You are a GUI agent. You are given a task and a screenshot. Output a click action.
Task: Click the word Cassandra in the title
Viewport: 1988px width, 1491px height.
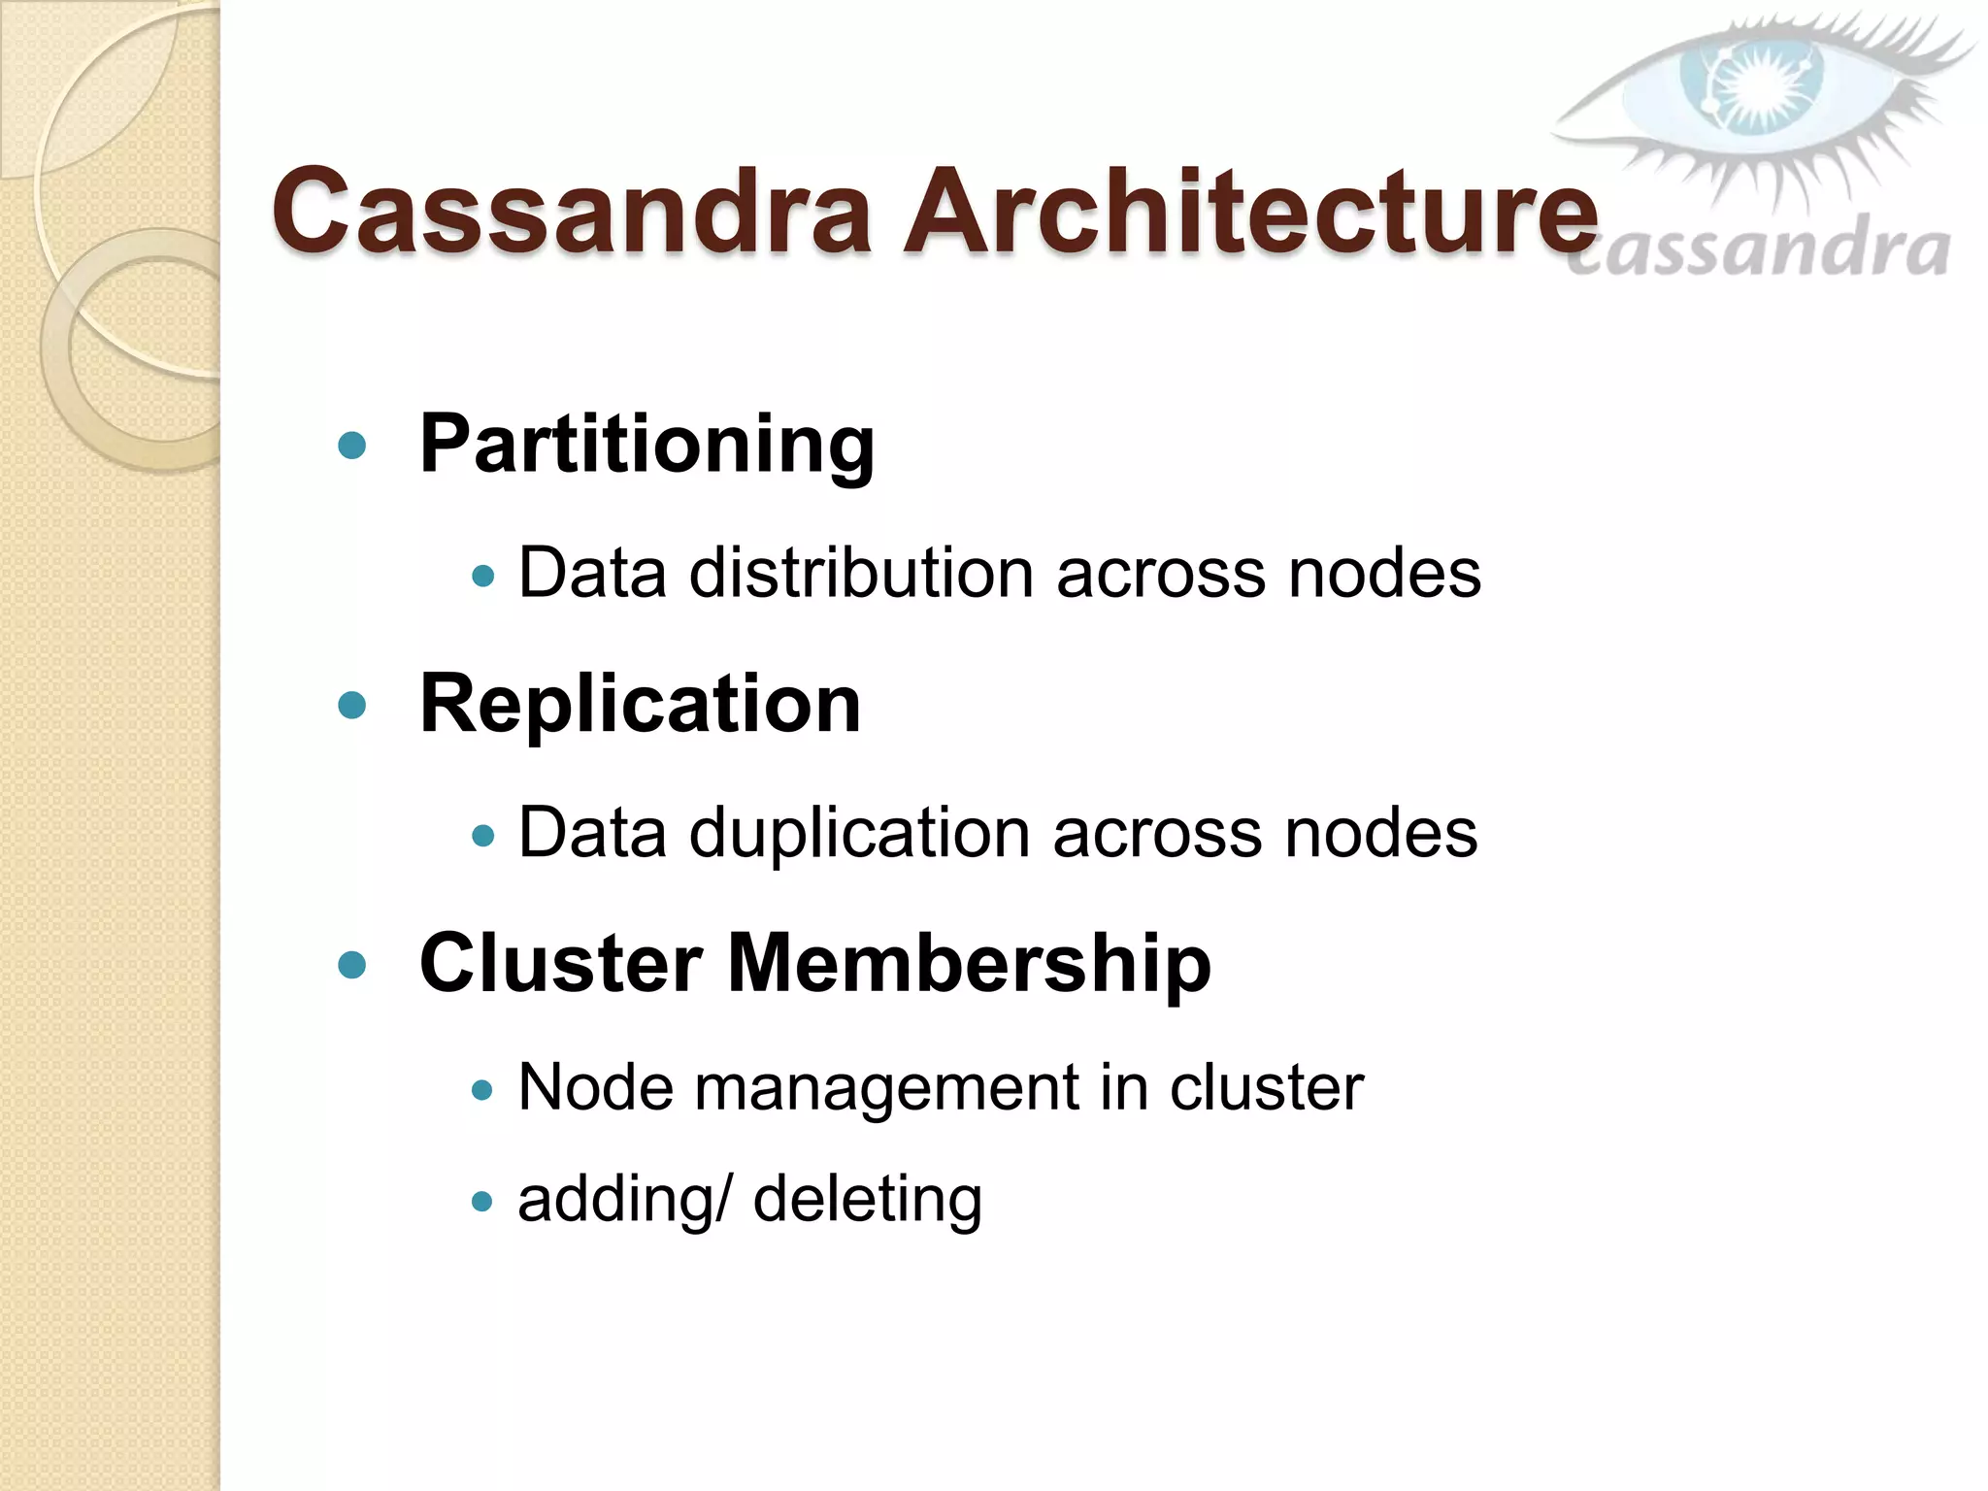click(571, 212)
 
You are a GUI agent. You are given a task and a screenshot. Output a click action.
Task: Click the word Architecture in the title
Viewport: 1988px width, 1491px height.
click(1250, 212)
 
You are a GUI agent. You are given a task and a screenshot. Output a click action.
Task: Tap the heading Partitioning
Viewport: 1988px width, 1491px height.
click(646, 445)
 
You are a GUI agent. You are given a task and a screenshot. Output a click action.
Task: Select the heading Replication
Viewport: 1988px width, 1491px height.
click(640, 704)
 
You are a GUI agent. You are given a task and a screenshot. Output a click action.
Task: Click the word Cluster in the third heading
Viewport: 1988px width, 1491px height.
click(561, 963)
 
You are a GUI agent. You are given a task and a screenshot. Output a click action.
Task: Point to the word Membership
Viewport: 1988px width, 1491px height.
click(969, 963)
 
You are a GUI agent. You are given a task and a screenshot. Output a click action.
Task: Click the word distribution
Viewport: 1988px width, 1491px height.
click(861, 573)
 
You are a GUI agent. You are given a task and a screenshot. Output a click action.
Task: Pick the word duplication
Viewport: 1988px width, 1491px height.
click(859, 833)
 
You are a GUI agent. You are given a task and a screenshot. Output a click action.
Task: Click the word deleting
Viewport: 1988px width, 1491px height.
click(868, 1199)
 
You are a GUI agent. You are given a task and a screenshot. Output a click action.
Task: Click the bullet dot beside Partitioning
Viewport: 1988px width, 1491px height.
click(351, 446)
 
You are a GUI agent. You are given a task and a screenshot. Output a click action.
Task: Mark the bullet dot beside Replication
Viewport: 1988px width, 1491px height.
click(351, 705)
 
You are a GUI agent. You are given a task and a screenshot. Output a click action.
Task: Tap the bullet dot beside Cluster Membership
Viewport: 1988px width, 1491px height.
click(351, 964)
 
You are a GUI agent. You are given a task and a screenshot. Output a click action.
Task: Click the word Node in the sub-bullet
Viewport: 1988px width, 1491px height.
click(595, 1087)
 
